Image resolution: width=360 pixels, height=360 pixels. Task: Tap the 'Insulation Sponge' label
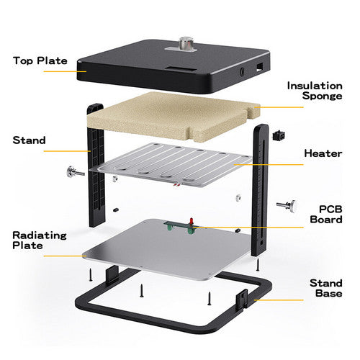(x=315, y=91)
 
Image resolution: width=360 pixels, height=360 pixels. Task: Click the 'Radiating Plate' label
(x=37, y=240)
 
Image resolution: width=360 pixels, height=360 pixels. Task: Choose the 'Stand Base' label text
(x=325, y=288)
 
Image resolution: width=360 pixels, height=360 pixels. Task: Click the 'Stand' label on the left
(x=28, y=140)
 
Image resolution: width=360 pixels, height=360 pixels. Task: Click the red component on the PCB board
(x=192, y=219)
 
